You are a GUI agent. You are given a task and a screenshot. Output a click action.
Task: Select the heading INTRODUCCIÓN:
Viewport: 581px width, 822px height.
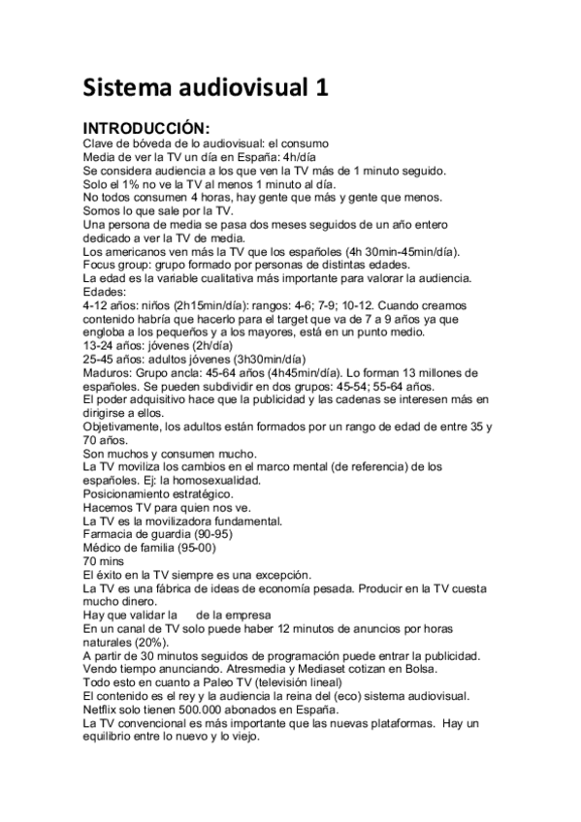146,128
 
